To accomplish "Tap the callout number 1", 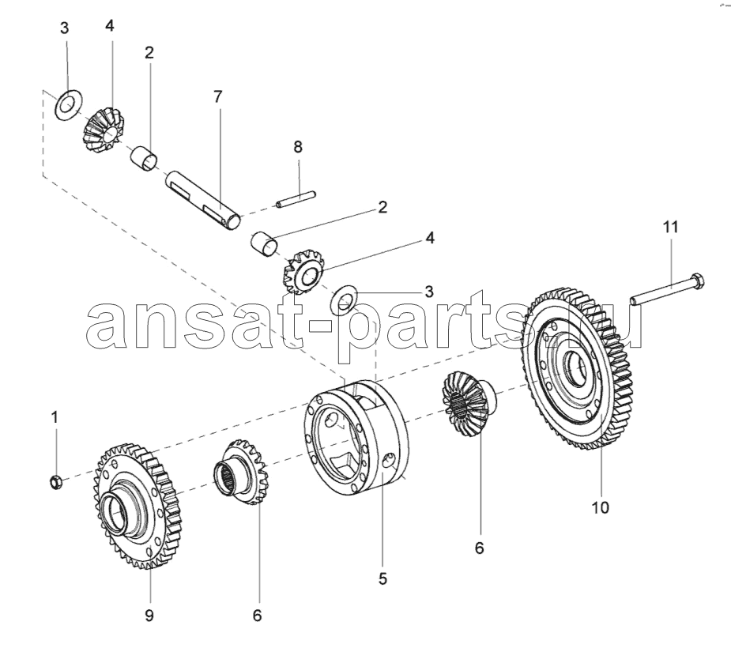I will pos(55,416).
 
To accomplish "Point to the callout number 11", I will pos(670,228).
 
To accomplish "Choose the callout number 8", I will pos(297,147).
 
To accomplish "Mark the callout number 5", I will pos(382,578).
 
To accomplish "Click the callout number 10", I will pos(600,508).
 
